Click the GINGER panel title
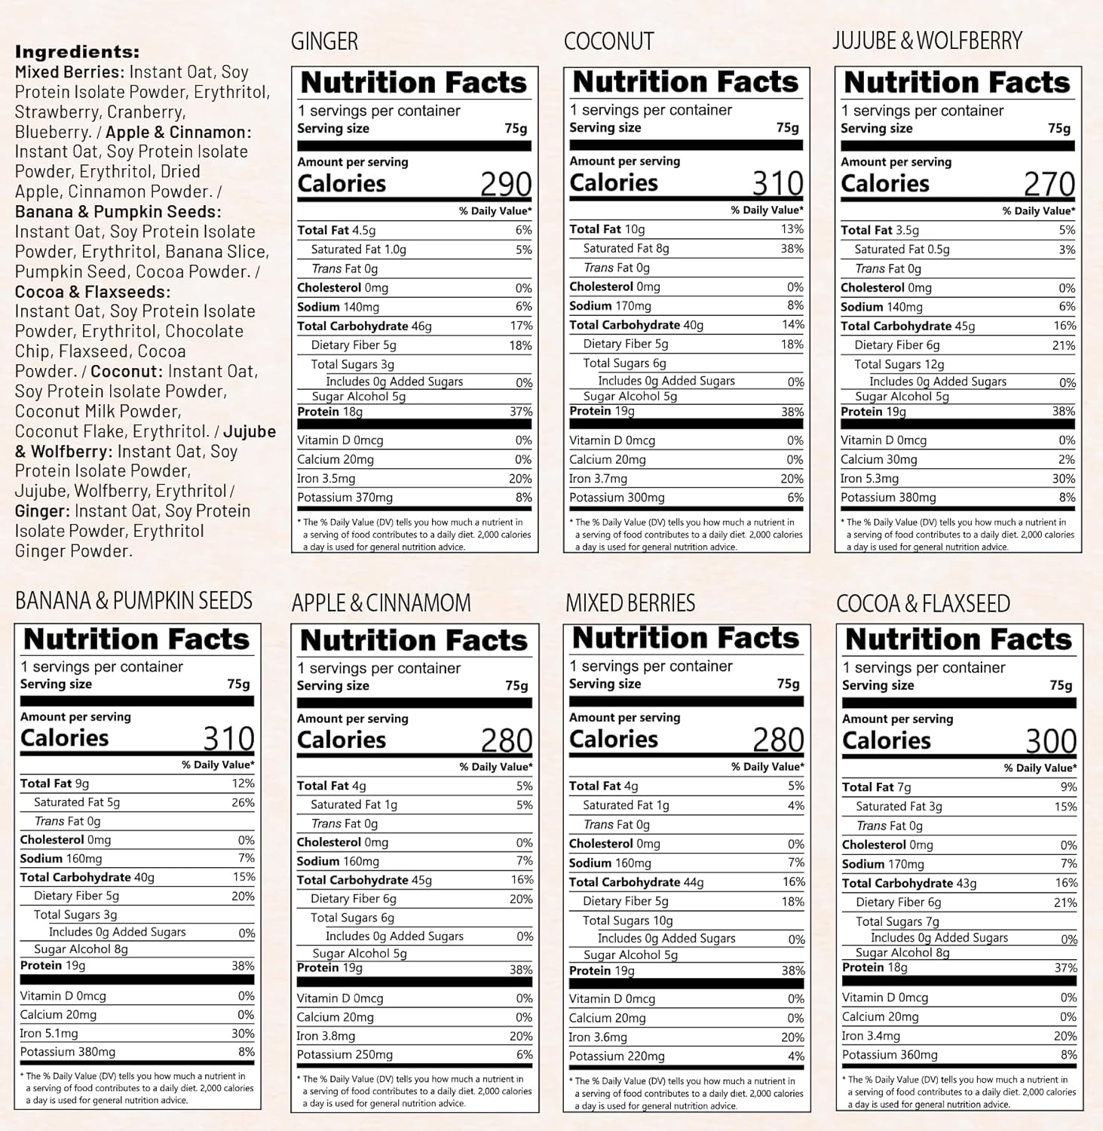(x=324, y=41)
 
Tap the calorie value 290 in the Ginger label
(x=506, y=184)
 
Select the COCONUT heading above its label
(x=608, y=41)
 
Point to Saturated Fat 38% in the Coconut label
(x=792, y=248)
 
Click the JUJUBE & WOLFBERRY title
(x=927, y=41)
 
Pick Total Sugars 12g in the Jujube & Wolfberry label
(x=897, y=364)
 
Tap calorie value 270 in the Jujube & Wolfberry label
(x=1049, y=184)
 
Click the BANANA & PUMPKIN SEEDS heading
(x=133, y=600)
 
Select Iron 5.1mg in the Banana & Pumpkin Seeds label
(x=49, y=1034)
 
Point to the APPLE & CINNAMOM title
(x=381, y=602)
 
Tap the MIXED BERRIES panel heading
(x=630, y=602)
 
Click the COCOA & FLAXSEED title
(x=923, y=603)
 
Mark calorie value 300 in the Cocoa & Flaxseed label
(x=1051, y=742)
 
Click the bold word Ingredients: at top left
(x=77, y=52)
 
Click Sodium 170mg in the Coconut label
(x=610, y=306)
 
